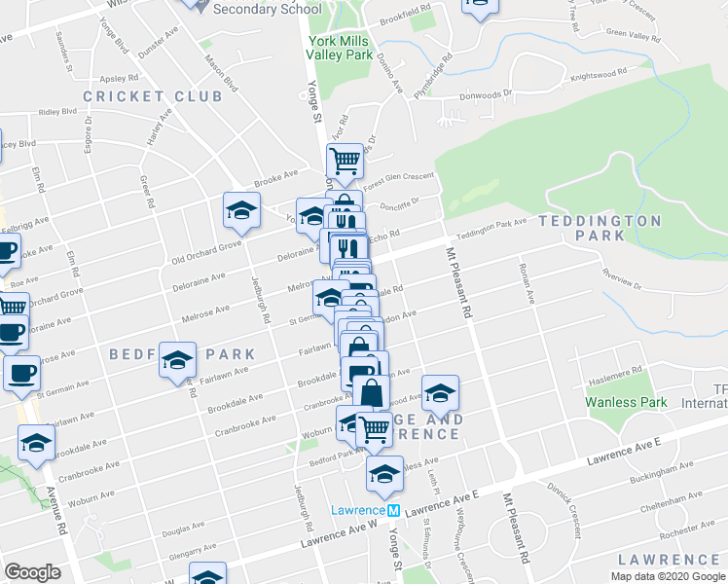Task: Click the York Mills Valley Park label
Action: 340,49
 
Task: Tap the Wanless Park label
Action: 626,402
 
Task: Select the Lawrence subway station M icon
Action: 393,511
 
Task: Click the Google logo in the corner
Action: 33,572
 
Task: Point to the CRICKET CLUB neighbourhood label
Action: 138,96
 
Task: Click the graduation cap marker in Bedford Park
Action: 177,360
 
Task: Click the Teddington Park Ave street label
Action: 492,230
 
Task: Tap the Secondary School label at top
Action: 266,9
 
